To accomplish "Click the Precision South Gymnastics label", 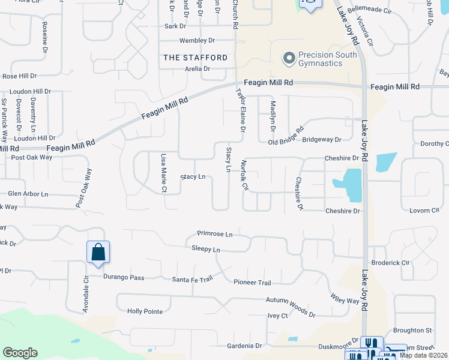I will (x=328, y=59).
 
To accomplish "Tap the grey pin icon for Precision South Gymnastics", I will (x=289, y=58).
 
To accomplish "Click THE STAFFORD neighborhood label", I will (x=196, y=58).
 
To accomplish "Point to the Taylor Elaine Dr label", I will (x=241, y=111).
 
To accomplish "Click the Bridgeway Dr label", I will (x=322, y=139).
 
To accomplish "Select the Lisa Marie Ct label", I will (x=163, y=172).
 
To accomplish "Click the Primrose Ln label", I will (x=214, y=234).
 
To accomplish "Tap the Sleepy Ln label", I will (x=206, y=249).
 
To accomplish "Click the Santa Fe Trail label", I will (x=193, y=280).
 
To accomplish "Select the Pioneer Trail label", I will (x=253, y=283).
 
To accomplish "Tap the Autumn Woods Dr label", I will (x=291, y=307).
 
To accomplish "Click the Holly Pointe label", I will (x=145, y=311).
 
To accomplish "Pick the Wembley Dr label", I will (x=197, y=41).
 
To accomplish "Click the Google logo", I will (x=20, y=353).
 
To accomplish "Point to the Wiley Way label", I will (x=345, y=298).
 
